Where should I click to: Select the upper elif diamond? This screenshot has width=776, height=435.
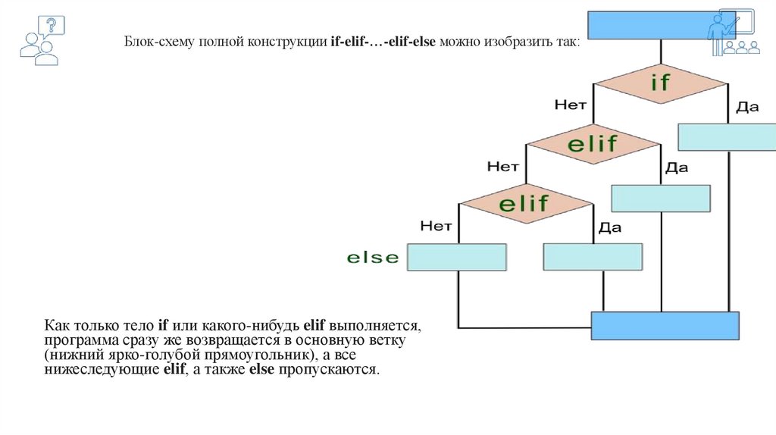[593, 142]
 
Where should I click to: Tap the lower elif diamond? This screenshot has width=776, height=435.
[526, 203]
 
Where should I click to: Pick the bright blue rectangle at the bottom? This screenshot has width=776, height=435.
[665, 326]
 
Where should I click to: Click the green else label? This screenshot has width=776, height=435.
[372, 258]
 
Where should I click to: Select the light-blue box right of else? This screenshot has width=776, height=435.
[457, 257]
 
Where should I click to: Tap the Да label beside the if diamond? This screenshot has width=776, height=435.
[746, 107]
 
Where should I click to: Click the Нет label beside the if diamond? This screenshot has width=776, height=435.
[571, 105]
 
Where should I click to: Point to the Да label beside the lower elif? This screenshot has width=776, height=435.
[610, 227]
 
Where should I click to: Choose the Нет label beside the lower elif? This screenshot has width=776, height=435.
[436, 225]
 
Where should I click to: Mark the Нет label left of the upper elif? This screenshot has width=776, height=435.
[503, 164]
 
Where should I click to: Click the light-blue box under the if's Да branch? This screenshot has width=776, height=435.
[727, 136]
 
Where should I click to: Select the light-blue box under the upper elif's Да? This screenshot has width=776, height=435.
[660, 198]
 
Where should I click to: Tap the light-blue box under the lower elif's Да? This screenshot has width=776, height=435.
[593, 257]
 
